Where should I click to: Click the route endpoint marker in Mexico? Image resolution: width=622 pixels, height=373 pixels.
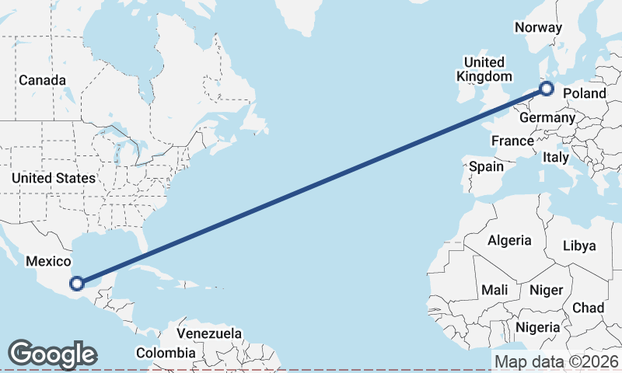[x=76, y=283]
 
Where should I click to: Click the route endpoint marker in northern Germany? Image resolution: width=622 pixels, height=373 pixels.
[x=547, y=89]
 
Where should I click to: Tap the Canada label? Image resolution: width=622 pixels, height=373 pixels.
[x=42, y=80]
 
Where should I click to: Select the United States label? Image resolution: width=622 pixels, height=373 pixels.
[x=53, y=178]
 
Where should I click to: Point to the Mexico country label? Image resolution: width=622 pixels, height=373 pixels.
[x=48, y=262]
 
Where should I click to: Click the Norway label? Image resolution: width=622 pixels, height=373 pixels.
[x=538, y=27]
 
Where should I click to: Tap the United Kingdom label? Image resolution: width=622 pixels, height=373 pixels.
[x=484, y=69]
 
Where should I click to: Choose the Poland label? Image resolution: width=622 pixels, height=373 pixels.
[x=584, y=93]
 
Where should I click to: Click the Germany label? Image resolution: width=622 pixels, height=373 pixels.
[x=547, y=118]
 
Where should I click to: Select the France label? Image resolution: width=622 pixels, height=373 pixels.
[x=512, y=141]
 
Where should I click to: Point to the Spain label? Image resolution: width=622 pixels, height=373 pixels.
[x=486, y=166]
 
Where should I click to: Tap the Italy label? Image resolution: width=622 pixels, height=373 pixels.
[x=556, y=157]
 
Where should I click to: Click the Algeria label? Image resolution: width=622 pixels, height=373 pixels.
[x=509, y=240]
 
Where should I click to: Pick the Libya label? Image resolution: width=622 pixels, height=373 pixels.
[x=580, y=246]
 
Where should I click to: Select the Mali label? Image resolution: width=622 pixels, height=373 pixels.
[x=494, y=290]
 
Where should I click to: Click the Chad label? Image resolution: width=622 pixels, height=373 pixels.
[x=588, y=308]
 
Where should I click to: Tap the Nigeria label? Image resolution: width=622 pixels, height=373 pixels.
[x=537, y=327]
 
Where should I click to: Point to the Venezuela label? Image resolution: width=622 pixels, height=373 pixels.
[x=208, y=333]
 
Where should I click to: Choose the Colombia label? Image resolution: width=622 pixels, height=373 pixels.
[x=166, y=353]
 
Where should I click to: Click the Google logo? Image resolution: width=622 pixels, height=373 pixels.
[x=52, y=354]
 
